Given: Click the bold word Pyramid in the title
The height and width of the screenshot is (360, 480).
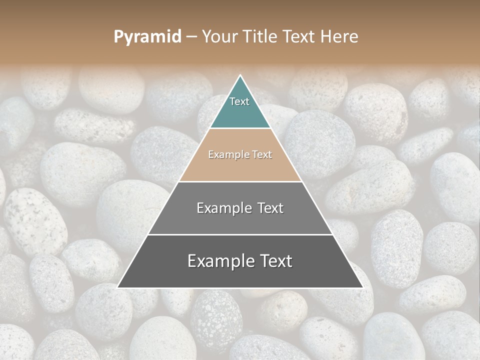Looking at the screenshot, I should (x=147, y=37).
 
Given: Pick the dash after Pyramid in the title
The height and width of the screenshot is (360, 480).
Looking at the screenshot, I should (x=191, y=37).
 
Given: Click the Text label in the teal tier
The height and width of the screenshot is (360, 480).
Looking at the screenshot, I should (x=239, y=101).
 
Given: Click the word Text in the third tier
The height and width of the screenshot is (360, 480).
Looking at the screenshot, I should (x=270, y=208).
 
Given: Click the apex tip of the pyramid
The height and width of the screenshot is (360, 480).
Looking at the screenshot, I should (x=240, y=76).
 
